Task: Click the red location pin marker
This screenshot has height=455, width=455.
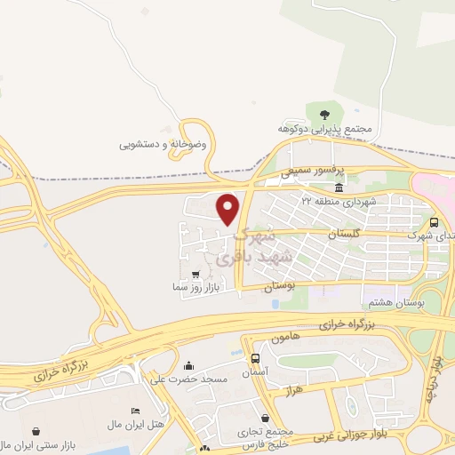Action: coord(229,209)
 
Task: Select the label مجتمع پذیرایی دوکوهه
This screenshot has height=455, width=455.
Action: coord(323,129)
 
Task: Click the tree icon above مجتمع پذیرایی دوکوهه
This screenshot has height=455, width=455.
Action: coord(323,114)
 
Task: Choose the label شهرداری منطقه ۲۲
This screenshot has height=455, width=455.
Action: coord(339,202)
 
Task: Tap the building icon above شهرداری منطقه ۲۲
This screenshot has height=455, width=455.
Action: coord(339,188)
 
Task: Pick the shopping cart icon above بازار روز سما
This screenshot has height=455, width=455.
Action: coord(196,275)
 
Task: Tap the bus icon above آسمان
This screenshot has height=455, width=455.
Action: coord(256,358)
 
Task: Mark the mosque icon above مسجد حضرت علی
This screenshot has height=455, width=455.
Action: coord(188,365)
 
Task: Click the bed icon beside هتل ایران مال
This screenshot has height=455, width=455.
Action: coord(134,411)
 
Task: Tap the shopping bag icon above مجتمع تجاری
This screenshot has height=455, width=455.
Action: coord(265,418)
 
